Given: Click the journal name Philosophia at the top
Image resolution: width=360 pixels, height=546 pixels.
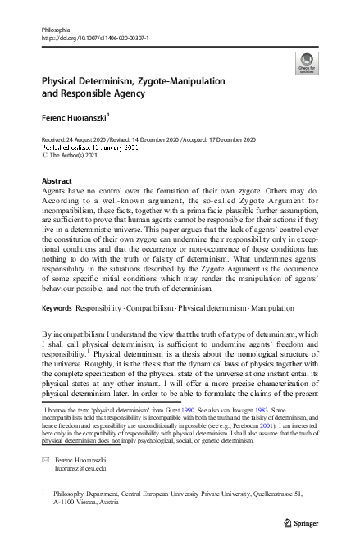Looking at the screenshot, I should [51, 29].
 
